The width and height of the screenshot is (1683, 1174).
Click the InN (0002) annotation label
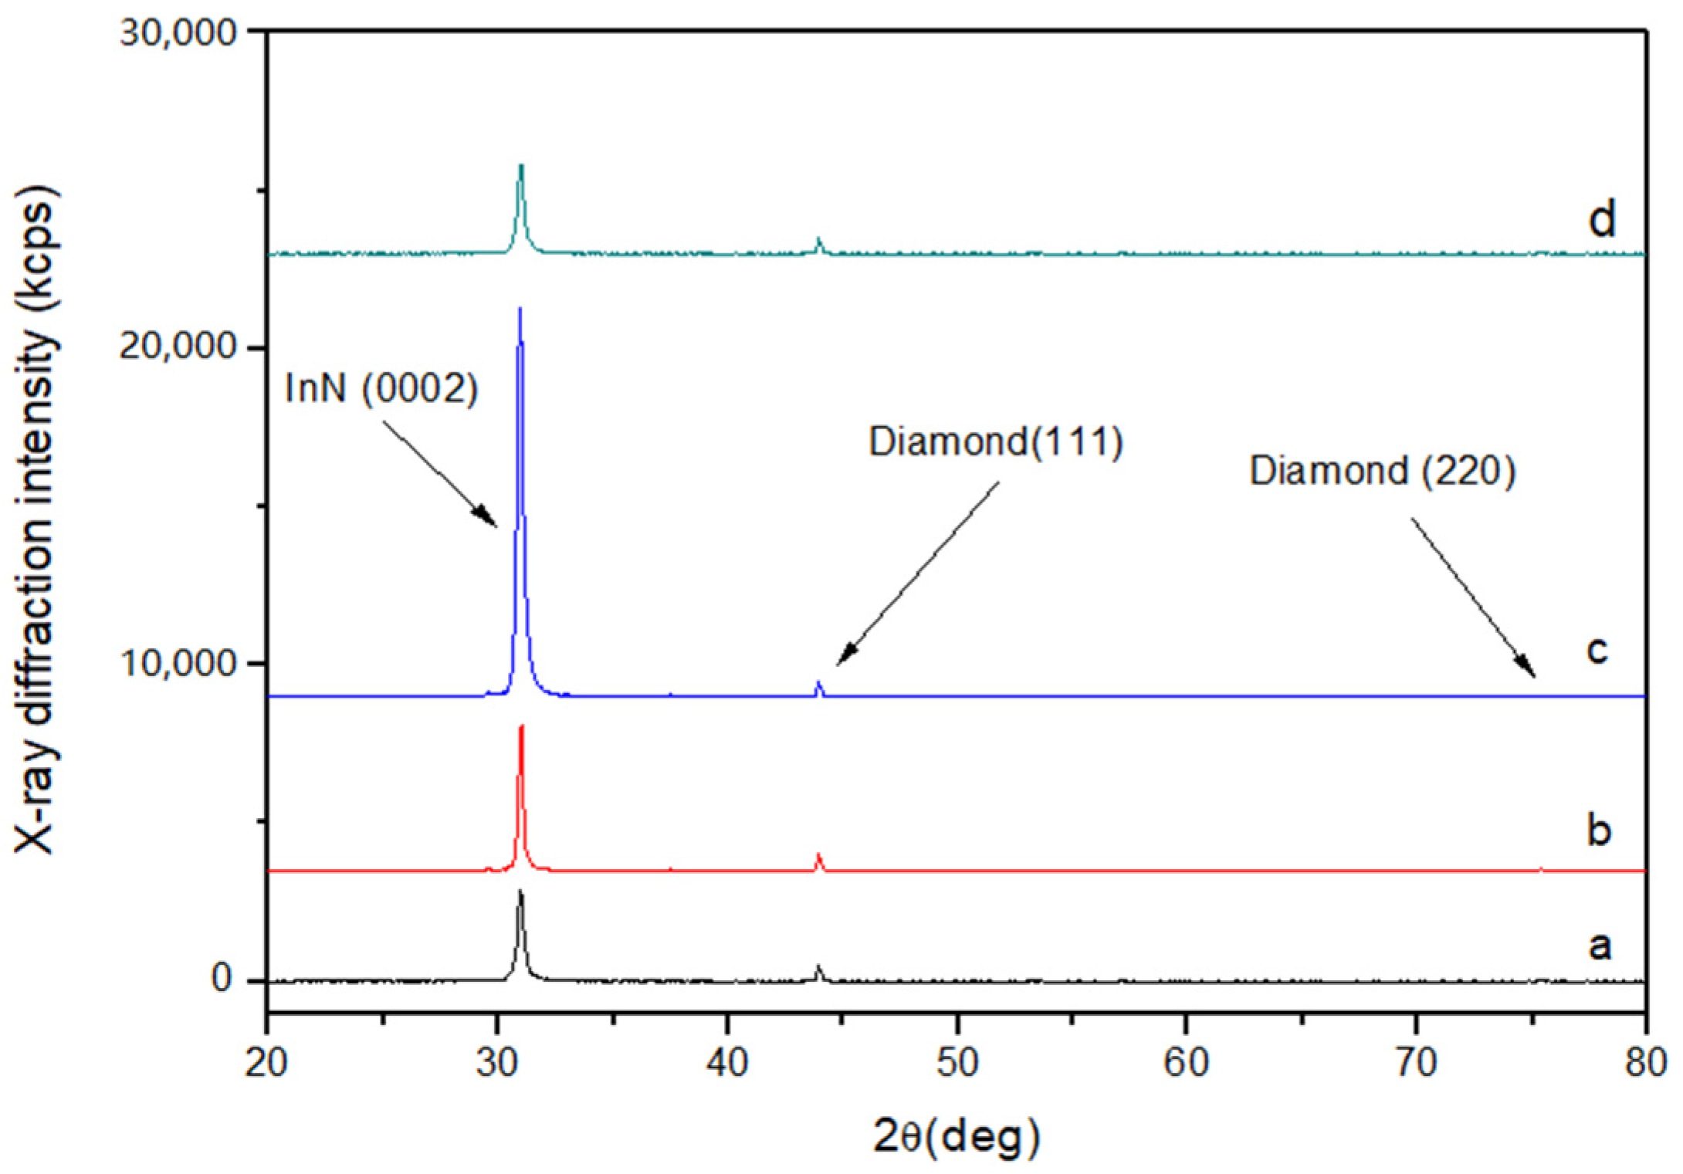(x=381, y=388)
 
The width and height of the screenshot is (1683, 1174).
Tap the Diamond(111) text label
(x=996, y=443)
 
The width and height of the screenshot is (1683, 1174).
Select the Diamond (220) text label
(x=1383, y=471)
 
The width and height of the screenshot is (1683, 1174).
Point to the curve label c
(x=1596, y=650)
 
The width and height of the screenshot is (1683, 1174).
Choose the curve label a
(x=1599, y=946)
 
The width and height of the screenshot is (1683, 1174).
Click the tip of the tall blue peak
(x=520, y=309)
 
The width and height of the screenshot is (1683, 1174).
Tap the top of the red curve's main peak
(x=522, y=727)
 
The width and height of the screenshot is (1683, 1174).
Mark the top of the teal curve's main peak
(x=521, y=166)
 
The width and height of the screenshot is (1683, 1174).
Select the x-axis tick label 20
(x=266, y=1064)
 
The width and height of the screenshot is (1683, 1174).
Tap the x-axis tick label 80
(x=1646, y=1064)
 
